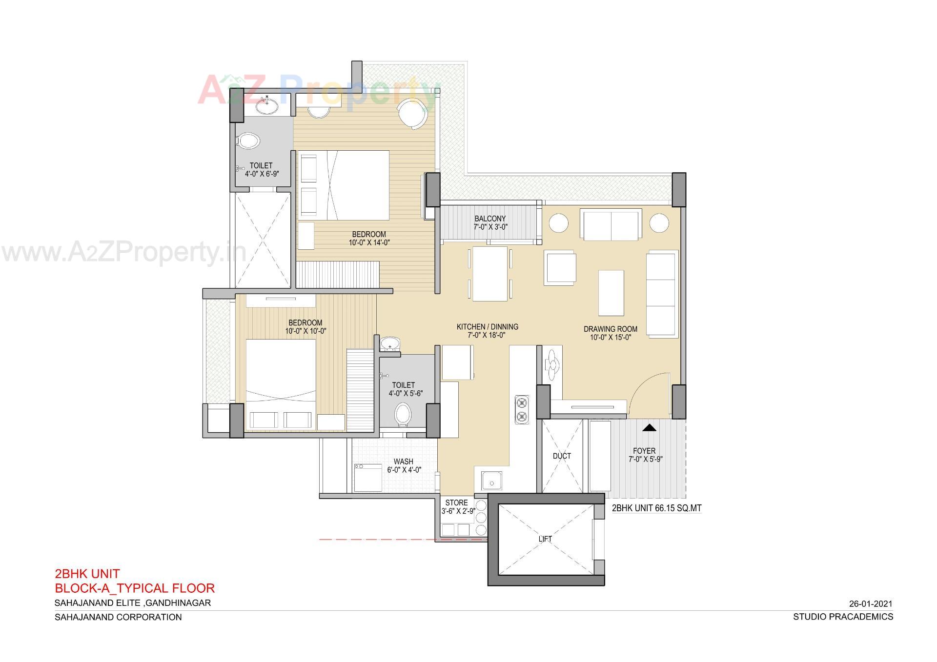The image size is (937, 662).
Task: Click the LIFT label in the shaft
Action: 545,539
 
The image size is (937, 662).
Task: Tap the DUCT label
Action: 562,456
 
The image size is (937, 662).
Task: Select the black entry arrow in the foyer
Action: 648,428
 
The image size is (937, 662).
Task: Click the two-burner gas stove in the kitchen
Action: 522,409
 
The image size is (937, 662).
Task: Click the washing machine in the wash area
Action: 368,478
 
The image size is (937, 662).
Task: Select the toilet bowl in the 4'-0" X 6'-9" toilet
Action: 248,141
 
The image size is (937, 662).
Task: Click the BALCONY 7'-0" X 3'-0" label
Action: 490,223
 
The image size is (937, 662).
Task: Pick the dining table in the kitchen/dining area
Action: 490,274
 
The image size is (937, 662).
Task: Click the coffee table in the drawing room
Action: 611,293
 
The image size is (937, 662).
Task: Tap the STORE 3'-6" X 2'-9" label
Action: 457,507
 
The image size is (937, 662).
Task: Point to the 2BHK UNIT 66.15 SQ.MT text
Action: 656,508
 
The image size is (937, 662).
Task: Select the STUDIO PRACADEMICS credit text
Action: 843,617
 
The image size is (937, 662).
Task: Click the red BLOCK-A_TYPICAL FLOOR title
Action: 135,588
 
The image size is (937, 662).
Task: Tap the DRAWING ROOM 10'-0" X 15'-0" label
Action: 611,333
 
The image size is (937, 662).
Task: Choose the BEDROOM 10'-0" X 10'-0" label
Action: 306,327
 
